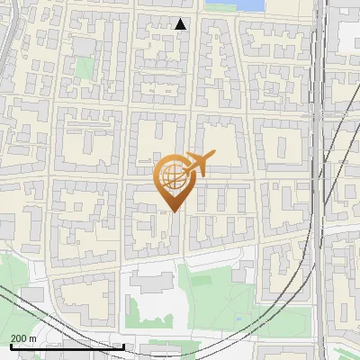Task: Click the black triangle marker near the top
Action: point(181,24)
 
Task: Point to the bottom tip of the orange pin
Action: point(175,212)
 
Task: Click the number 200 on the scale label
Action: point(21,338)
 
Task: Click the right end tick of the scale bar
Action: point(123,346)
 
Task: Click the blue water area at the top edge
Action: point(234,4)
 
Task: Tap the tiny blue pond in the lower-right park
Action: point(238,320)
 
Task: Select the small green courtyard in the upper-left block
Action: point(85,67)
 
